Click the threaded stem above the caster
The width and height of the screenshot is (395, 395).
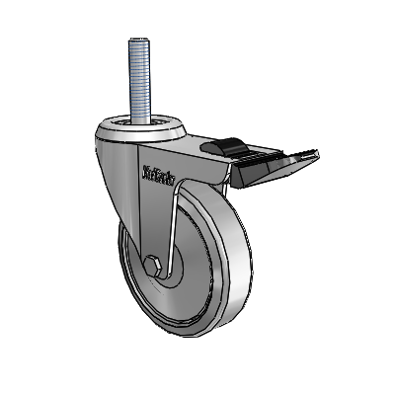point(136,79)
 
